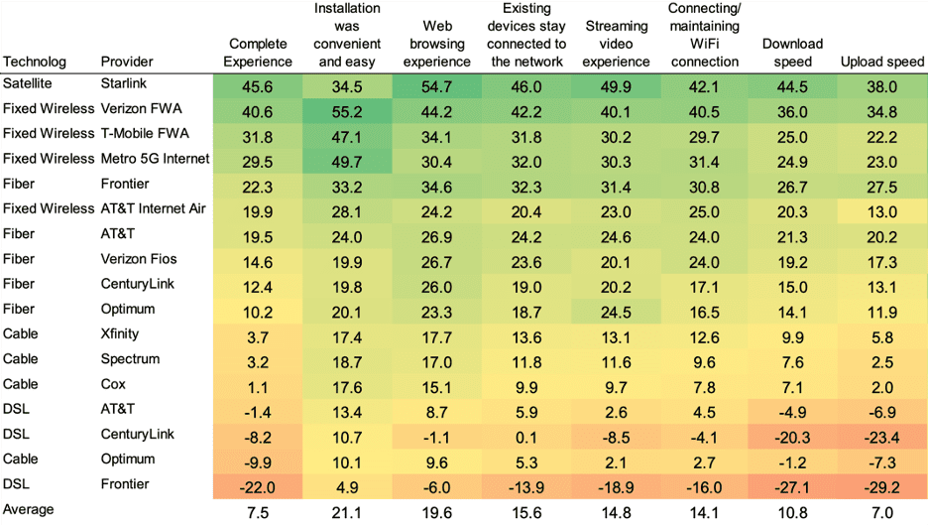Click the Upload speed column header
pyautogui.click(x=881, y=62)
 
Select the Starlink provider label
pyautogui.click(x=123, y=83)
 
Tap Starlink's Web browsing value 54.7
pyautogui.click(x=437, y=87)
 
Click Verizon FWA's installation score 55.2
pyautogui.click(x=347, y=112)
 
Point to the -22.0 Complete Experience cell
pyautogui.click(x=258, y=487)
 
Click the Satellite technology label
pyautogui.click(x=27, y=83)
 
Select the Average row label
pyautogui.click(x=29, y=509)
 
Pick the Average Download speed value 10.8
pyautogui.click(x=792, y=513)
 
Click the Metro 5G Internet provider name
pyautogui.click(x=155, y=159)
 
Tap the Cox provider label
pyautogui.click(x=113, y=384)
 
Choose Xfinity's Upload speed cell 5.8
pyautogui.click(x=881, y=337)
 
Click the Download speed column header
pyautogui.click(x=792, y=53)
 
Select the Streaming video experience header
pyautogui.click(x=616, y=44)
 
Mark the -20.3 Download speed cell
pyautogui.click(x=792, y=438)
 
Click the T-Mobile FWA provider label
pyautogui.click(x=145, y=133)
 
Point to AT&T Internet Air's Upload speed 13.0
pyautogui.click(x=881, y=212)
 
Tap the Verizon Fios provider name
pyautogui.click(x=139, y=259)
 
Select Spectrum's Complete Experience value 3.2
pyautogui.click(x=258, y=362)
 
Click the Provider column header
pyautogui.click(x=127, y=62)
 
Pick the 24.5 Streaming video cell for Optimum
pyautogui.click(x=616, y=313)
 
